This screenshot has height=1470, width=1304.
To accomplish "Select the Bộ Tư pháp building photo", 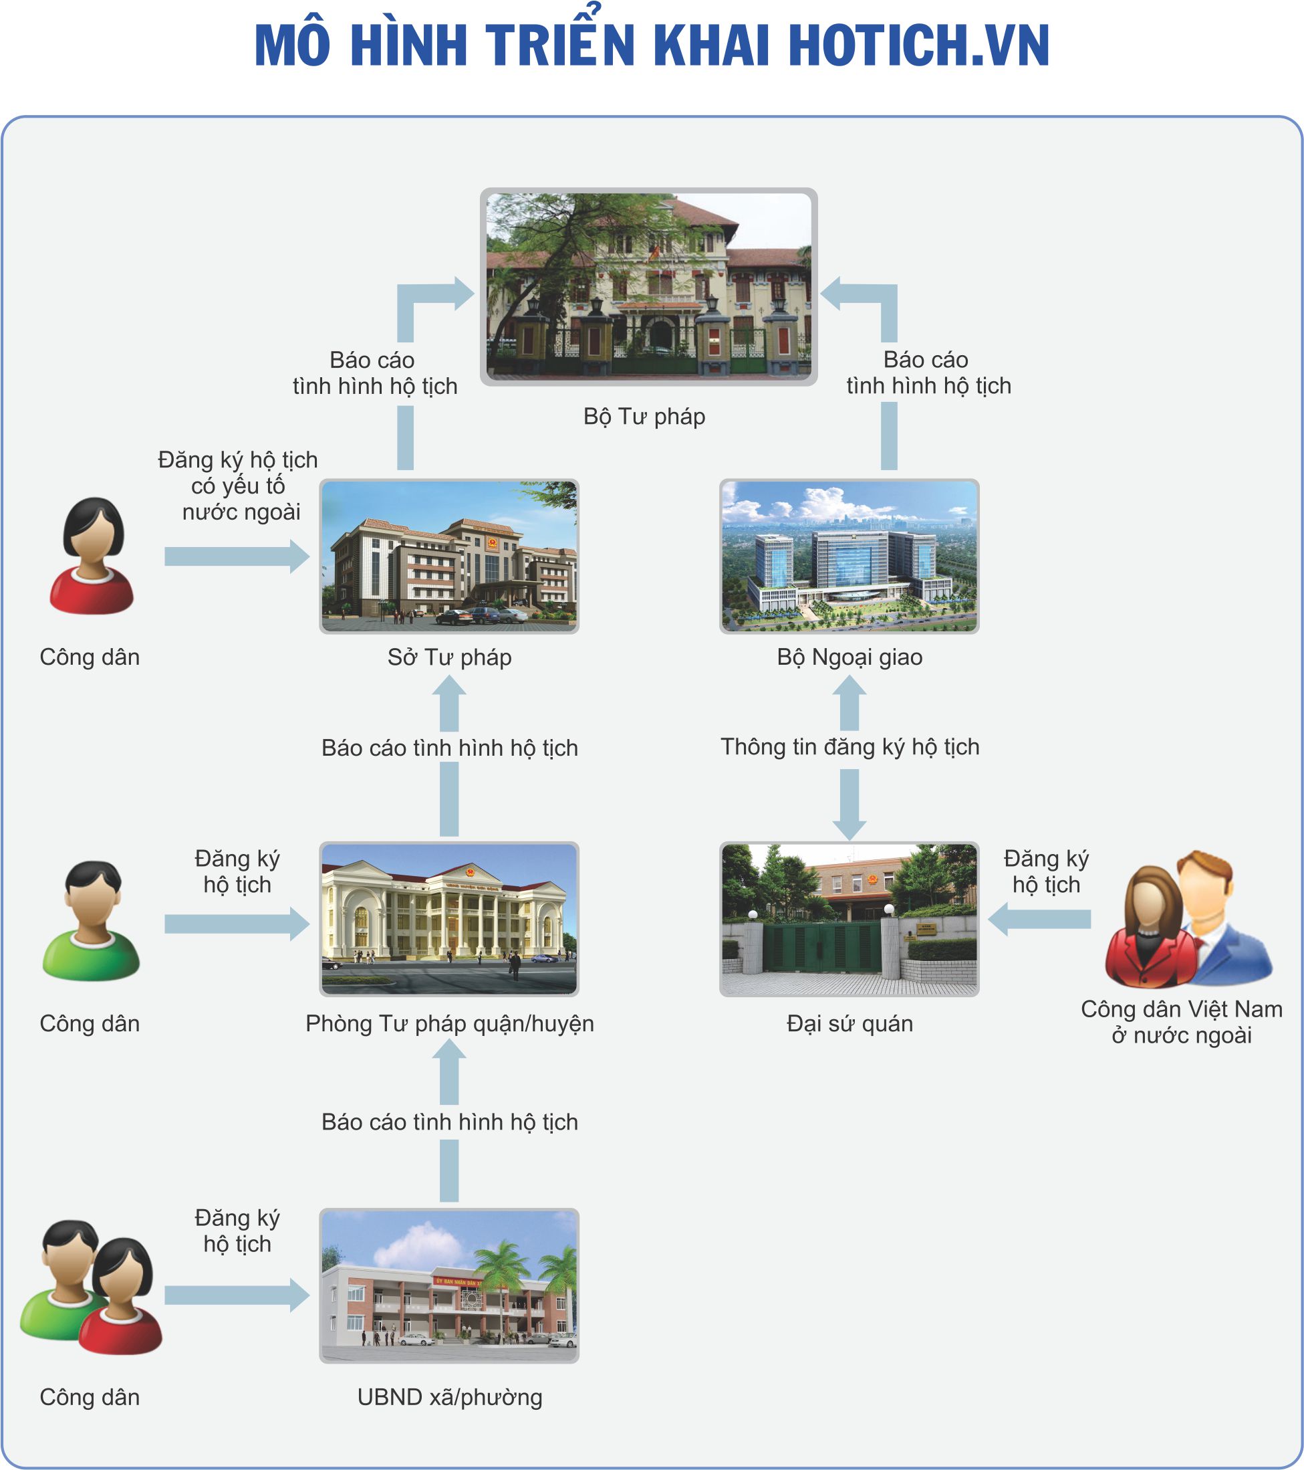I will [648, 286].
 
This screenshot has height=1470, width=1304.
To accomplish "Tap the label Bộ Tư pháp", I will [644, 417].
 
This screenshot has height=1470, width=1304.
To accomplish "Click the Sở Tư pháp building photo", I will [448, 556].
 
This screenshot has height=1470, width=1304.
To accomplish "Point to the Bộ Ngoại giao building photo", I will [849, 556].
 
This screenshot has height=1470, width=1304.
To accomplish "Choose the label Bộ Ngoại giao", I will [849, 657].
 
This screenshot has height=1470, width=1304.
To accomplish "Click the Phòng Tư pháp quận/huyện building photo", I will [448, 918].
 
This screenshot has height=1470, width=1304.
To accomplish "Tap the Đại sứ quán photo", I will [849, 918].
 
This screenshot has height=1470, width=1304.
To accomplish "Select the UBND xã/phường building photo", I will [448, 1285].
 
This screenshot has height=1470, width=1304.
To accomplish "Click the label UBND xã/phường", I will [449, 1396].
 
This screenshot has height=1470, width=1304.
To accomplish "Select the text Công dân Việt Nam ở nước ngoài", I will [1181, 1022].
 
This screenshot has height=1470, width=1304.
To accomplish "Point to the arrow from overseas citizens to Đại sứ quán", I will [1039, 919].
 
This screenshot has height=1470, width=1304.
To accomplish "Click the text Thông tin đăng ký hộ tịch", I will [850, 746].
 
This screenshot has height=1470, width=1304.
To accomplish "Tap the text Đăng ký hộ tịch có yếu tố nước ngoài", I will [238, 486].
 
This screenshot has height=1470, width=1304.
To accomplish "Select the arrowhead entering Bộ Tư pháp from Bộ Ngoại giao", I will [832, 294].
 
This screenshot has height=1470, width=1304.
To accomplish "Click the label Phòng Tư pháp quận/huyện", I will [449, 1023].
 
